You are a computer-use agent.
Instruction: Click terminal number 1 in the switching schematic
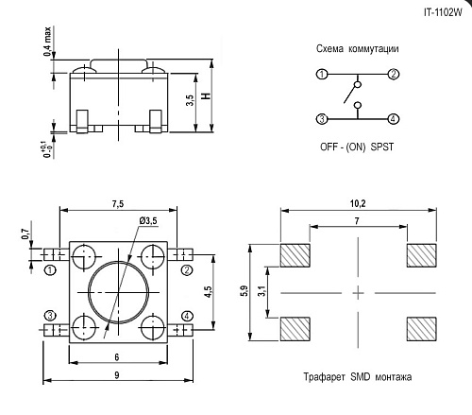(x=322, y=74)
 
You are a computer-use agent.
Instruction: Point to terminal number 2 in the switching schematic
(x=394, y=74)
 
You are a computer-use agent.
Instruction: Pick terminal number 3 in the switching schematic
(x=322, y=118)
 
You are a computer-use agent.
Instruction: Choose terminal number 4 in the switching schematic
(x=394, y=118)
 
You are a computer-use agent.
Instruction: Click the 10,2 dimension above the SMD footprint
(x=358, y=201)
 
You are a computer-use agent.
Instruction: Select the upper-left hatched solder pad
(x=297, y=256)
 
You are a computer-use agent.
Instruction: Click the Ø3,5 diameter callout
(x=149, y=221)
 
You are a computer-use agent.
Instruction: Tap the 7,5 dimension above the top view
(x=117, y=203)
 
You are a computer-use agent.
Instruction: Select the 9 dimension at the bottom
(x=117, y=377)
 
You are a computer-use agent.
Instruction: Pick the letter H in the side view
(x=206, y=97)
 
